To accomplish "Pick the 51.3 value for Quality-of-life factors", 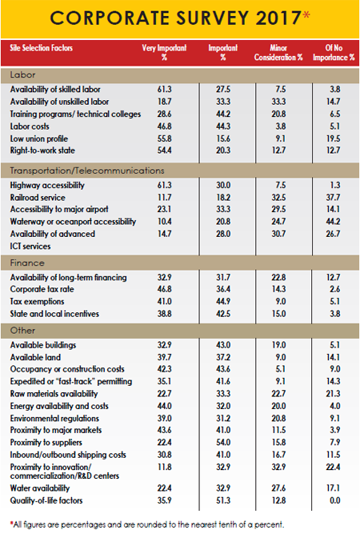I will click(x=214, y=500).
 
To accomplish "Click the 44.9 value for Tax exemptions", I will click(x=214, y=302).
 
